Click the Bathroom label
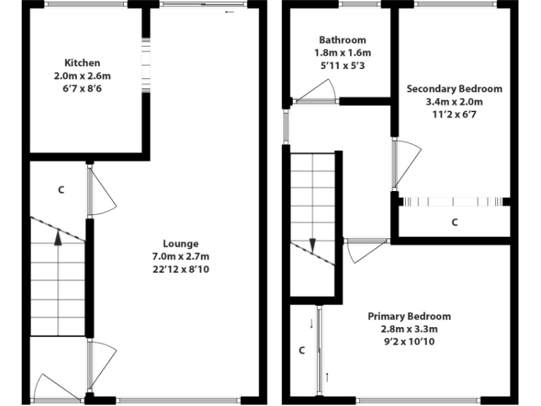click(342, 40)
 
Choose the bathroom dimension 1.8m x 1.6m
click(342, 53)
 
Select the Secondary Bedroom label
click(454, 89)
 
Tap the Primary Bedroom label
click(409, 316)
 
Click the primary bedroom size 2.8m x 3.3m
click(409, 328)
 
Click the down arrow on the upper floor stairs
click(312, 245)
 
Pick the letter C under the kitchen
click(61, 190)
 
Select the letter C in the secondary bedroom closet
click(454, 222)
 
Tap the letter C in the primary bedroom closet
click(301, 350)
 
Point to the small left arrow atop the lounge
click(229, 12)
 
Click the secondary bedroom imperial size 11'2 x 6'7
click(454, 114)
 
